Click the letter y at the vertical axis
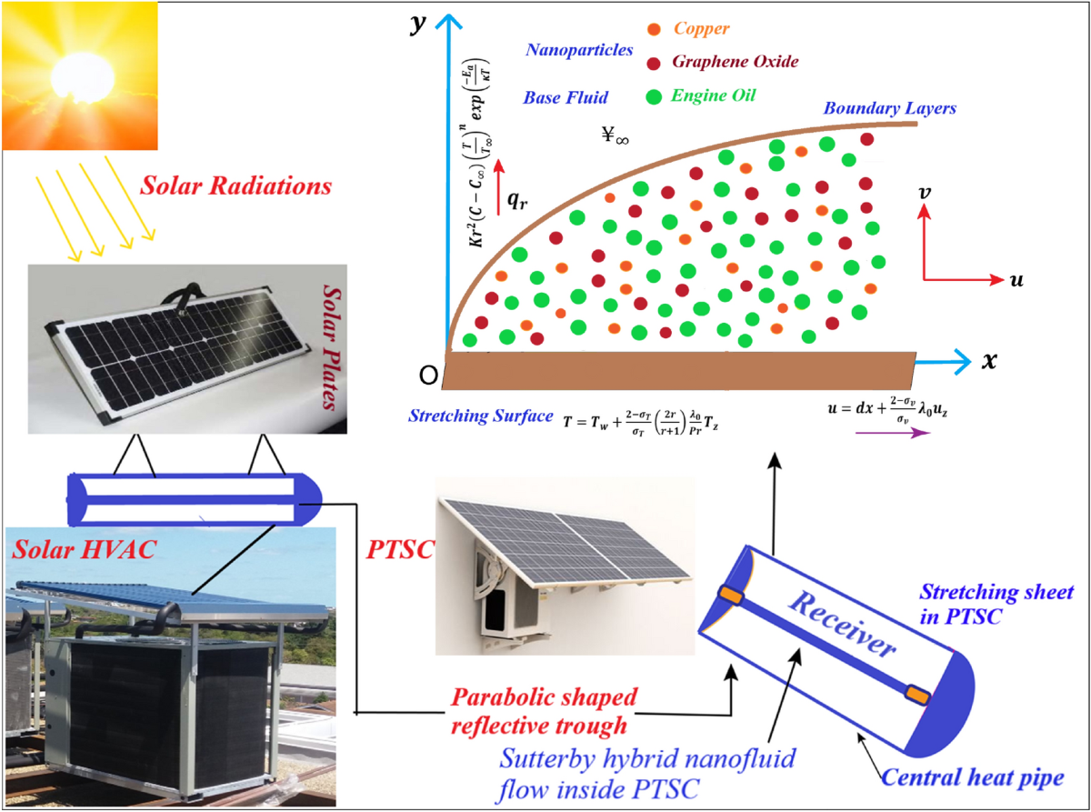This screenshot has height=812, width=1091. [419, 25]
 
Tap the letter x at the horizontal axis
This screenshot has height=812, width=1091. [990, 360]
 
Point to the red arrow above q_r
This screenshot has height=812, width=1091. [498, 176]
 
